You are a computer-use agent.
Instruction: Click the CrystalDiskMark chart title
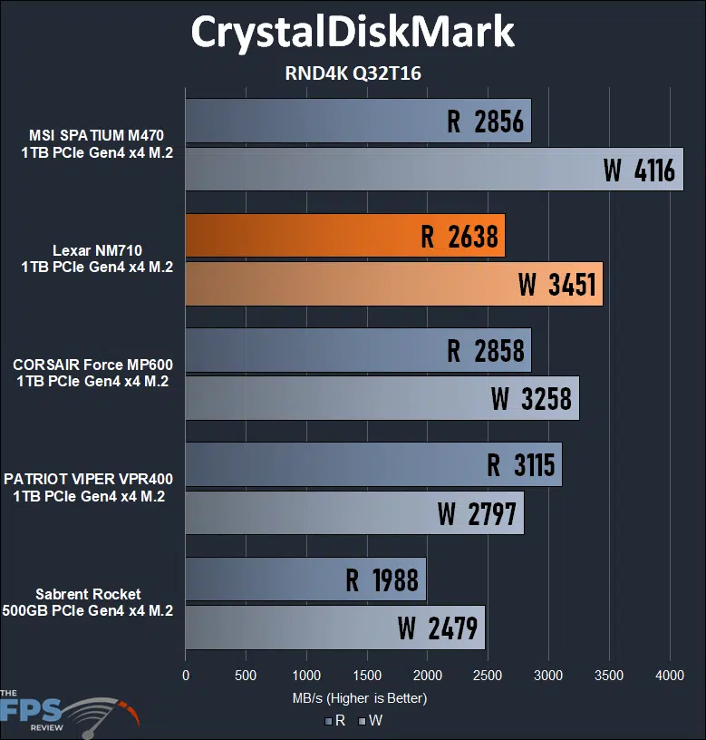(x=353, y=33)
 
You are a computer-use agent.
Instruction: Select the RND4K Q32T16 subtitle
(x=353, y=73)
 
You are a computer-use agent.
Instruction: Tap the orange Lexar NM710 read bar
(x=344, y=236)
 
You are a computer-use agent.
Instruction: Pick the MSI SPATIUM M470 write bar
(x=434, y=169)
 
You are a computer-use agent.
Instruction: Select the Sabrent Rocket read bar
(x=305, y=579)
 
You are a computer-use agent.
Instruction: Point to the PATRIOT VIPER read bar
(x=373, y=465)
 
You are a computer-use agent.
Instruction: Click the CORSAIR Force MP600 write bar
(x=382, y=397)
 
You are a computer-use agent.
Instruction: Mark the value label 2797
(x=477, y=513)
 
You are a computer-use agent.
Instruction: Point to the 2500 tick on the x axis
(x=488, y=676)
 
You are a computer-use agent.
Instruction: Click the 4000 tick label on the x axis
(x=669, y=676)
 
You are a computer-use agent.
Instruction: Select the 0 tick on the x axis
(x=186, y=676)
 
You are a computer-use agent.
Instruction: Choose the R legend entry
(x=334, y=721)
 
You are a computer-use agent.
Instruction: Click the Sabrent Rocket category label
(x=88, y=603)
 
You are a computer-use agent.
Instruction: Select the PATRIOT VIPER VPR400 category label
(x=88, y=488)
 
